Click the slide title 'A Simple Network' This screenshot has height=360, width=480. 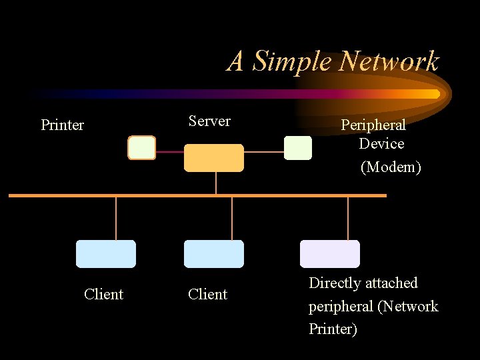(x=333, y=61)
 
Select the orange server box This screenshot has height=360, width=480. (x=213, y=158)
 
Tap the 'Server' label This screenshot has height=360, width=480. (x=209, y=121)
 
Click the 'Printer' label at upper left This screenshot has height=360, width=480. (x=62, y=125)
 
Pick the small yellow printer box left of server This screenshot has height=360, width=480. (x=141, y=147)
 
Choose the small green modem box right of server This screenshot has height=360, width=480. (x=297, y=147)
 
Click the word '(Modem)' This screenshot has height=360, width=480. (x=391, y=167)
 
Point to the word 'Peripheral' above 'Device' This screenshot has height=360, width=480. (x=373, y=125)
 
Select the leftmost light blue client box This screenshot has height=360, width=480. (x=106, y=254)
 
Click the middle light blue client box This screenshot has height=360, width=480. (x=213, y=254)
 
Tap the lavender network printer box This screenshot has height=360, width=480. (x=329, y=254)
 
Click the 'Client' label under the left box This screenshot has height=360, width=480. (x=103, y=294)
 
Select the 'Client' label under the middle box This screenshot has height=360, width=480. (x=207, y=294)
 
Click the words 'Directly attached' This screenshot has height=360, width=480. (x=363, y=283)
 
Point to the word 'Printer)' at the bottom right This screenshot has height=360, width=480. (x=333, y=329)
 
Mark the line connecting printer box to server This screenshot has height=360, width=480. (x=169, y=152)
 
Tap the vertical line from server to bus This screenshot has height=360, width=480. (x=216, y=183)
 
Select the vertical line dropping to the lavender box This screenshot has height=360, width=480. (x=348, y=218)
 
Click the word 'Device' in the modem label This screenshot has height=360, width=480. (x=381, y=143)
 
